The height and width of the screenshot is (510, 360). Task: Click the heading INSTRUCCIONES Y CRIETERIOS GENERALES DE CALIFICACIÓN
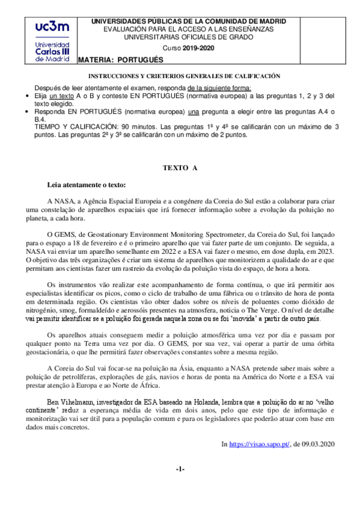185,77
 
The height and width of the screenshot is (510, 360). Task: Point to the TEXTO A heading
180,168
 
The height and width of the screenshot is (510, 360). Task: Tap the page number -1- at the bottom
180,469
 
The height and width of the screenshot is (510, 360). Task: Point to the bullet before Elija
31,96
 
